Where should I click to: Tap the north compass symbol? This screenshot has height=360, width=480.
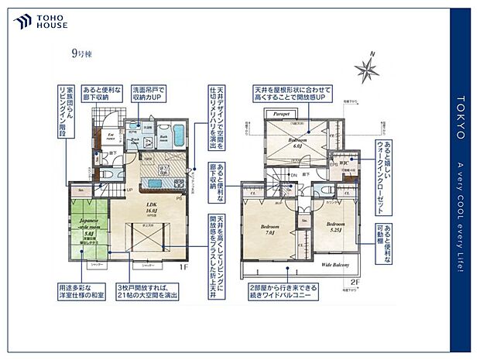click(x=366, y=70)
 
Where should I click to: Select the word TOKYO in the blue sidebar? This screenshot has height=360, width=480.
click(x=460, y=123)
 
